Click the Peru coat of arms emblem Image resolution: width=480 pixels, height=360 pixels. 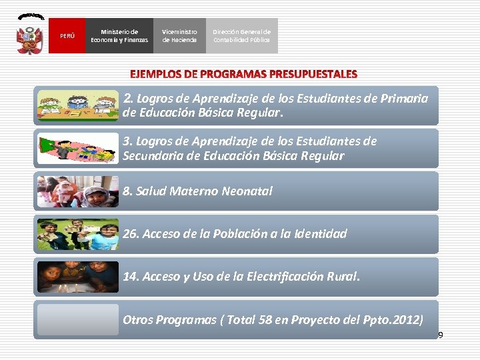(30, 35)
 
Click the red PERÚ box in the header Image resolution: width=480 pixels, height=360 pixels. (67, 36)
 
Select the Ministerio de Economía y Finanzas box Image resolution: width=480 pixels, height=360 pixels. (120, 36)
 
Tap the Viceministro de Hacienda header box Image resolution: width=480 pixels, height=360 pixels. (179, 36)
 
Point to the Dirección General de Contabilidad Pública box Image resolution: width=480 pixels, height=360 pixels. (241, 36)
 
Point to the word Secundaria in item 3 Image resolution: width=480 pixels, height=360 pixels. (153, 156)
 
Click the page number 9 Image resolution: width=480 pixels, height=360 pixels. (440, 335)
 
